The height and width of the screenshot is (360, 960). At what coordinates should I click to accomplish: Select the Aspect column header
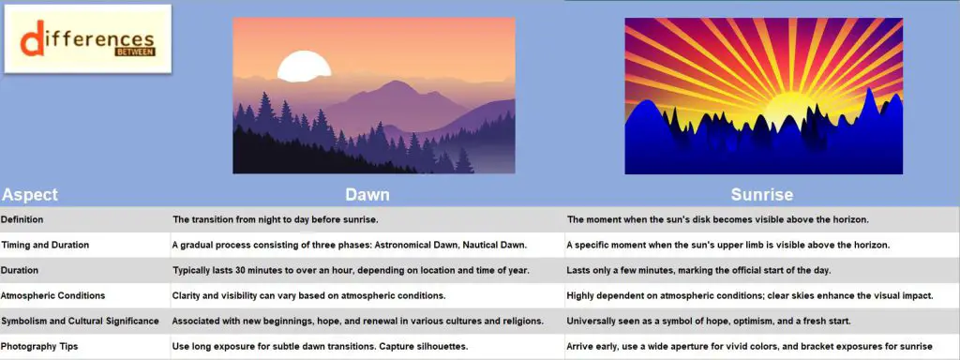point(30,195)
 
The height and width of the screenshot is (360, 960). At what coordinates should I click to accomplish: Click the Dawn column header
point(367,195)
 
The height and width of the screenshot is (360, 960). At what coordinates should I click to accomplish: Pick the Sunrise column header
point(761,195)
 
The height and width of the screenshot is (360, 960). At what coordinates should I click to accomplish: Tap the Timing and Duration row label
point(45,245)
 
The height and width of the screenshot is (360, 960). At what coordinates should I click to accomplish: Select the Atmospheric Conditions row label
point(52,295)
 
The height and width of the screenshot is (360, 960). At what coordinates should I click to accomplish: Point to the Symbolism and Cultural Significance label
point(80,321)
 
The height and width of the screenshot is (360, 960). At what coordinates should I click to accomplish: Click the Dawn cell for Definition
point(275,219)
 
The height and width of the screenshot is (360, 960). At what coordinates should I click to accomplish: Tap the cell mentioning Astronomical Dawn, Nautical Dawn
point(350,245)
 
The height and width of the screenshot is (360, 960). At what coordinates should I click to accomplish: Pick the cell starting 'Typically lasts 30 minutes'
point(351,270)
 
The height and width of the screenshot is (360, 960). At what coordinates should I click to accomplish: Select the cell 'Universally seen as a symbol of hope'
point(708,321)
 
